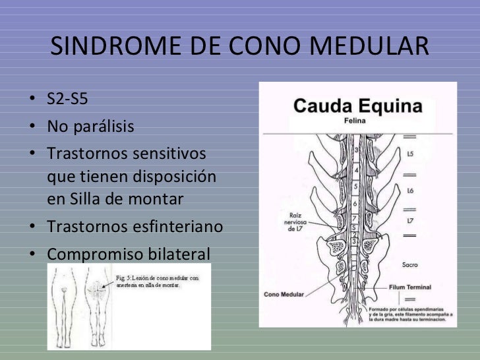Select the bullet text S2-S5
coord(67,101)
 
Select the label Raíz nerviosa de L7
coord(293,222)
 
